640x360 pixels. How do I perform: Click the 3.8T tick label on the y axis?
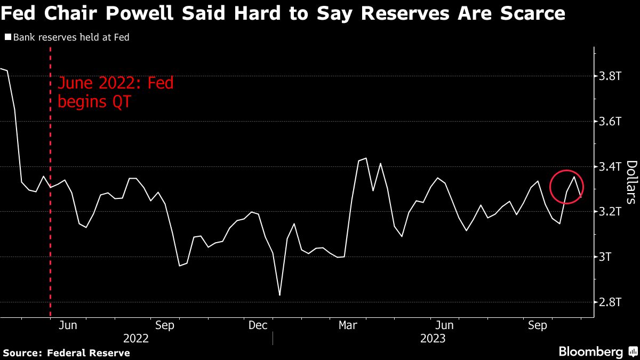[x=610, y=76]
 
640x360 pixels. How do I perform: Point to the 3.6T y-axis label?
[x=610, y=122]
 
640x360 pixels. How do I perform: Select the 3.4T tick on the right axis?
[x=610, y=167]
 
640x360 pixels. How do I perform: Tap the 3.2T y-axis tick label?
[x=610, y=212]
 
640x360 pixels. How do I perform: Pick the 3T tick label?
[x=606, y=257]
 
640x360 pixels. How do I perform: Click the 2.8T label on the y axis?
[x=610, y=302]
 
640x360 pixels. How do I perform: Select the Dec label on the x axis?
[x=258, y=325]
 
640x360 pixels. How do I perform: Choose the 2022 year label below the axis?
[x=136, y=338]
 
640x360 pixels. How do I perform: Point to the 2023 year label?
[x=434, y=338]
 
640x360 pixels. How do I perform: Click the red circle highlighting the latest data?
[x=566, y=187]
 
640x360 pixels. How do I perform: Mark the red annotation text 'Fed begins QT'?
[x=115, y=92]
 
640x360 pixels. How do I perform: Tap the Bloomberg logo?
[x=590, y=352]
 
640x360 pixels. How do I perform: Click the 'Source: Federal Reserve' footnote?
[x=66, y=353]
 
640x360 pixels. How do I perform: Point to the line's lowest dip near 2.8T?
[x=279, y=295]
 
